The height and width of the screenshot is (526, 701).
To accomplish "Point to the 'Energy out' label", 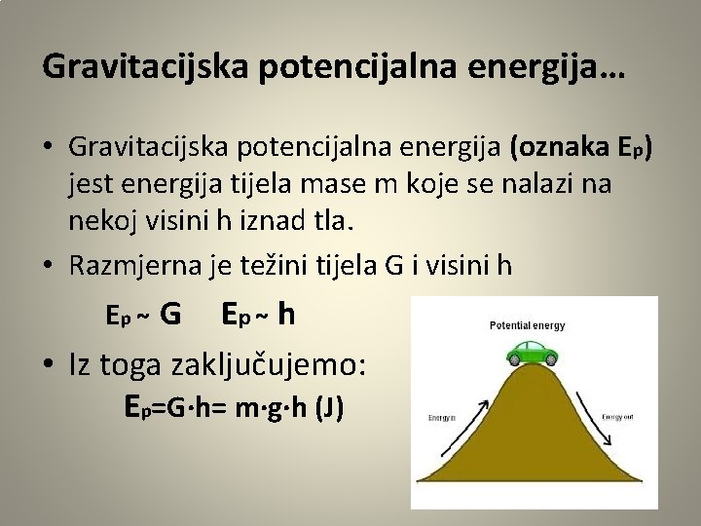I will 618,416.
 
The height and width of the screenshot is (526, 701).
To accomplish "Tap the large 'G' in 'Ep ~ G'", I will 169,315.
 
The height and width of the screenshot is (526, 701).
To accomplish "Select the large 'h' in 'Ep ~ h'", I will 286,314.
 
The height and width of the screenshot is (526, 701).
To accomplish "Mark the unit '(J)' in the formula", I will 327,408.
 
